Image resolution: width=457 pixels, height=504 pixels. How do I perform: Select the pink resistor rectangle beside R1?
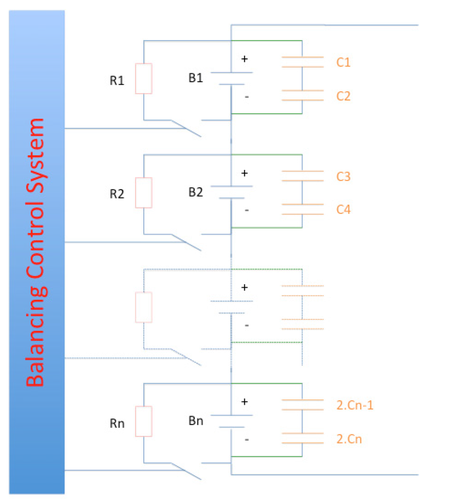[x=144, y=78]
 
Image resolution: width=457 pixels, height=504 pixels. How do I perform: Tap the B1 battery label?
[x=195, y=78]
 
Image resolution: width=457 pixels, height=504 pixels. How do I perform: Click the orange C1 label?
[x=343, y=62]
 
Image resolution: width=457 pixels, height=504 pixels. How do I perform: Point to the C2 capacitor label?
[x=343, y=95]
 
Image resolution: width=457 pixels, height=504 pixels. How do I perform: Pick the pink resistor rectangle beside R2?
[x=144, y=193]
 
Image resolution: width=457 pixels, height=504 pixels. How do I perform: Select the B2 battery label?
[x=195, y=192]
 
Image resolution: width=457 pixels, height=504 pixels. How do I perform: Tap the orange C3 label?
[x=343, y=177]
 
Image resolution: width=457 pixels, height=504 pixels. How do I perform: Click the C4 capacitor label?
[x=343, y=210]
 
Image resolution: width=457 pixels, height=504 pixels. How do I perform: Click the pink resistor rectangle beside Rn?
[x=144, y=421]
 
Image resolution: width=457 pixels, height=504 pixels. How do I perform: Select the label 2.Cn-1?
[x=354, y=405]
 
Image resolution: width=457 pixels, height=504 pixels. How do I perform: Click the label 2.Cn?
[x=349, y=439]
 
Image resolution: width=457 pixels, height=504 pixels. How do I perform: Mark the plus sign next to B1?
[x=244, y=59]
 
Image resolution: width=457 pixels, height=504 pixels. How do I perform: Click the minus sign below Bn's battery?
[x=247, y=440]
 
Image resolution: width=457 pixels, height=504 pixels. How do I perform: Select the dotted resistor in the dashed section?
[x=144, y=307]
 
